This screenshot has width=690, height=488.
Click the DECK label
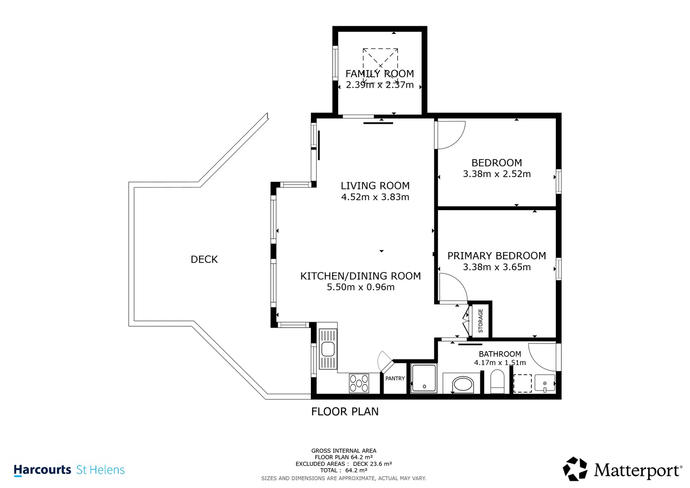point(204,259)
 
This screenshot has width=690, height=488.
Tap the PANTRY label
point(395,378)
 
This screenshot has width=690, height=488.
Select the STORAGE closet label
point(480,321)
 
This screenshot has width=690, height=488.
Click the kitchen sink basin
point(328,349)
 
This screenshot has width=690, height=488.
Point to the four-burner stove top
point(359,383)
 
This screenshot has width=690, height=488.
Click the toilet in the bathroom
point(497,382)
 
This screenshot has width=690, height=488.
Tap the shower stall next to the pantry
point(424,378)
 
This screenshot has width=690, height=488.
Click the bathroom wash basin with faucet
point(544,383)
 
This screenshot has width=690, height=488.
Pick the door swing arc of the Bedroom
point(459,140)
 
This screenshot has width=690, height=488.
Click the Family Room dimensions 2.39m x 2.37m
point(380,85)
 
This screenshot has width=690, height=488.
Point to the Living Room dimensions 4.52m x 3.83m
point(375,197)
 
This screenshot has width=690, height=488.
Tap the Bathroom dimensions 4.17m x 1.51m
point(500,362)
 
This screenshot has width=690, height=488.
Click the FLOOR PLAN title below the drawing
point(345,412)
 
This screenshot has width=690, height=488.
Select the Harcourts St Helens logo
point(69,470)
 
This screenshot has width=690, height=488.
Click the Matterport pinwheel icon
point(575,469)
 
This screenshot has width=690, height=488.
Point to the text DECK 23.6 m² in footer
point(372,464)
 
